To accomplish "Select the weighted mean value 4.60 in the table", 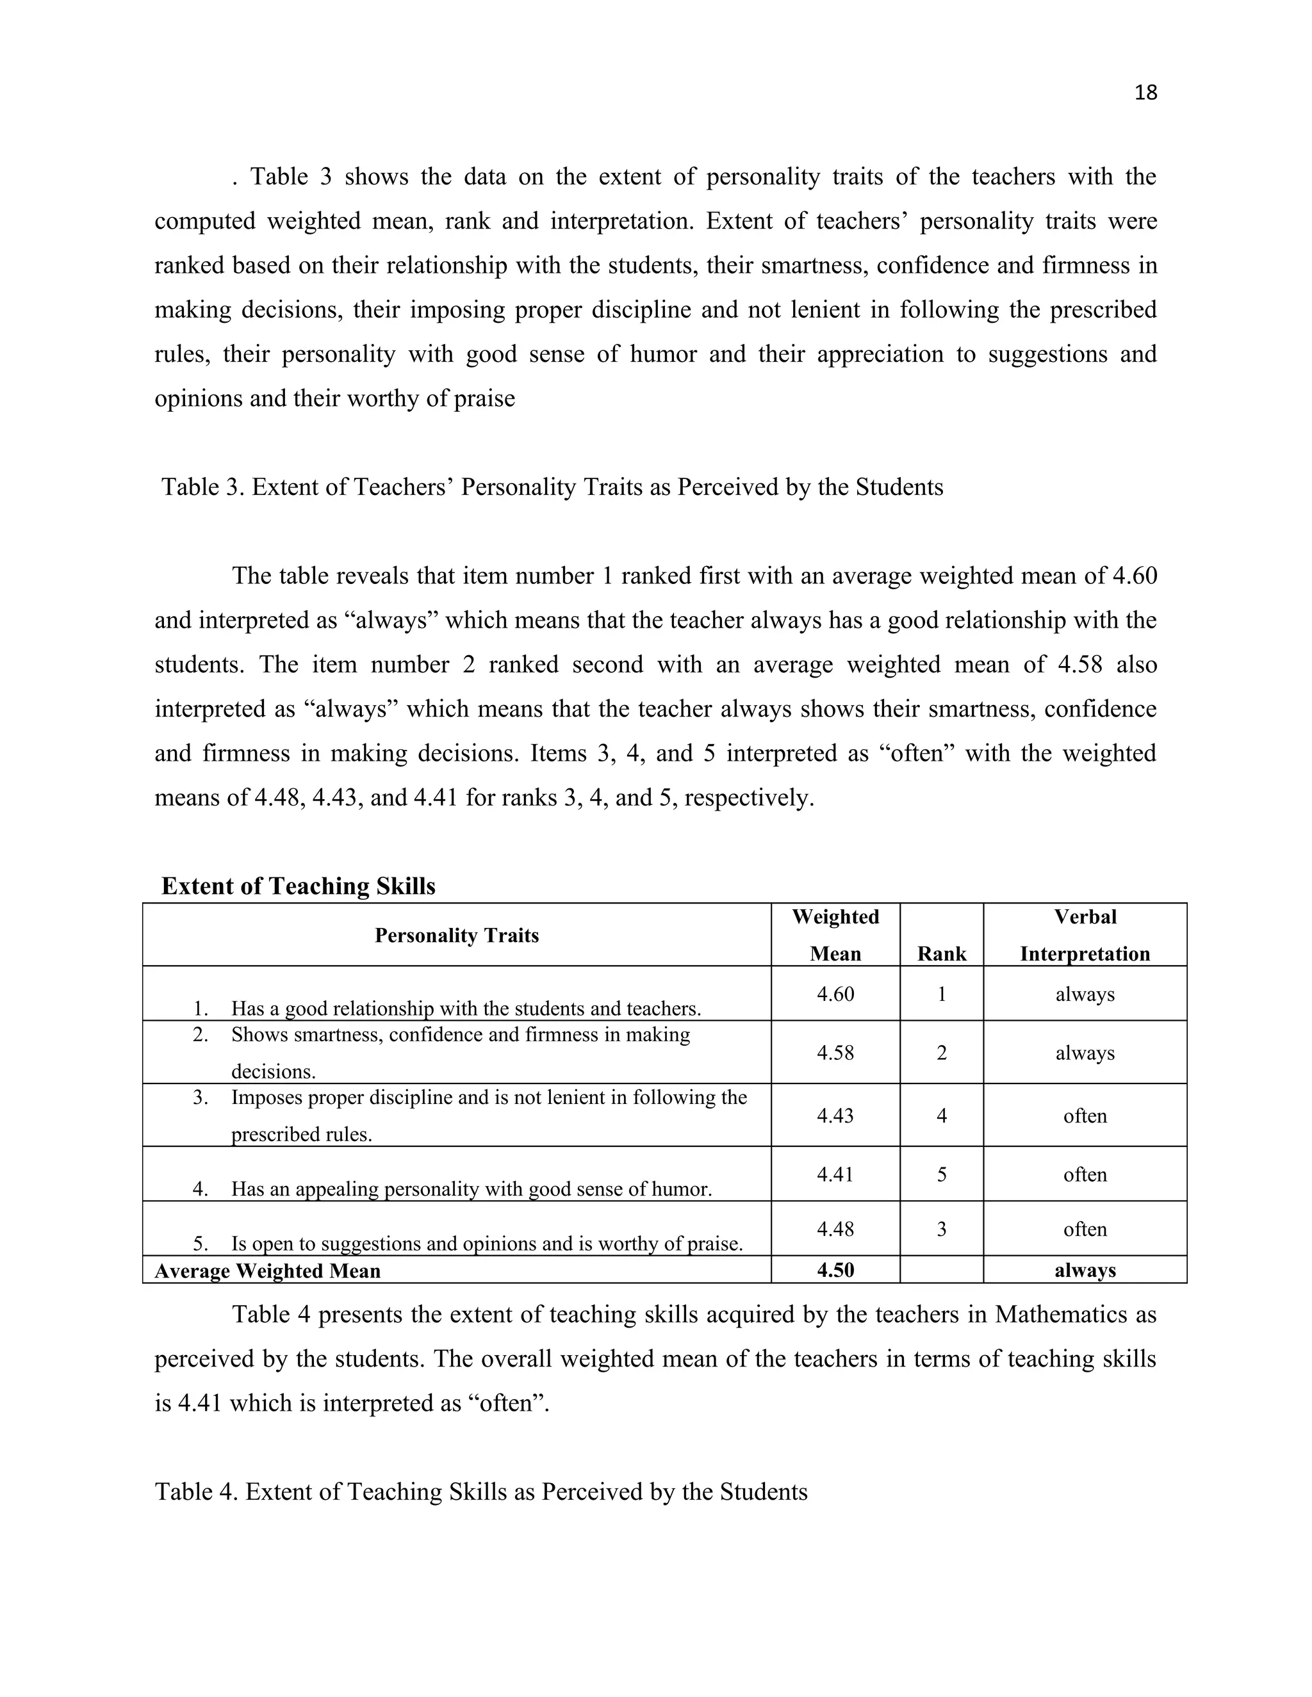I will [835, 994].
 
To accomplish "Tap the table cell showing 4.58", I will [835, 1053].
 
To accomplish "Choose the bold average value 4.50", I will [835, 1271].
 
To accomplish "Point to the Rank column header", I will [941, 954].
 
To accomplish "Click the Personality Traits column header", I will [456, 935].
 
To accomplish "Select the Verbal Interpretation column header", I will [1085, 935].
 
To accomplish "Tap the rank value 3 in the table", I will [941, 1230].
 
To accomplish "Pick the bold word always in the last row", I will [1085, 1271].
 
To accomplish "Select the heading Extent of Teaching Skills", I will [298, 886].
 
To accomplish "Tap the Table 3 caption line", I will [552, 487].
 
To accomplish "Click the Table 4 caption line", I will [481, 1492].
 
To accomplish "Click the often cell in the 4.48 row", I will [1085, 1230].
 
